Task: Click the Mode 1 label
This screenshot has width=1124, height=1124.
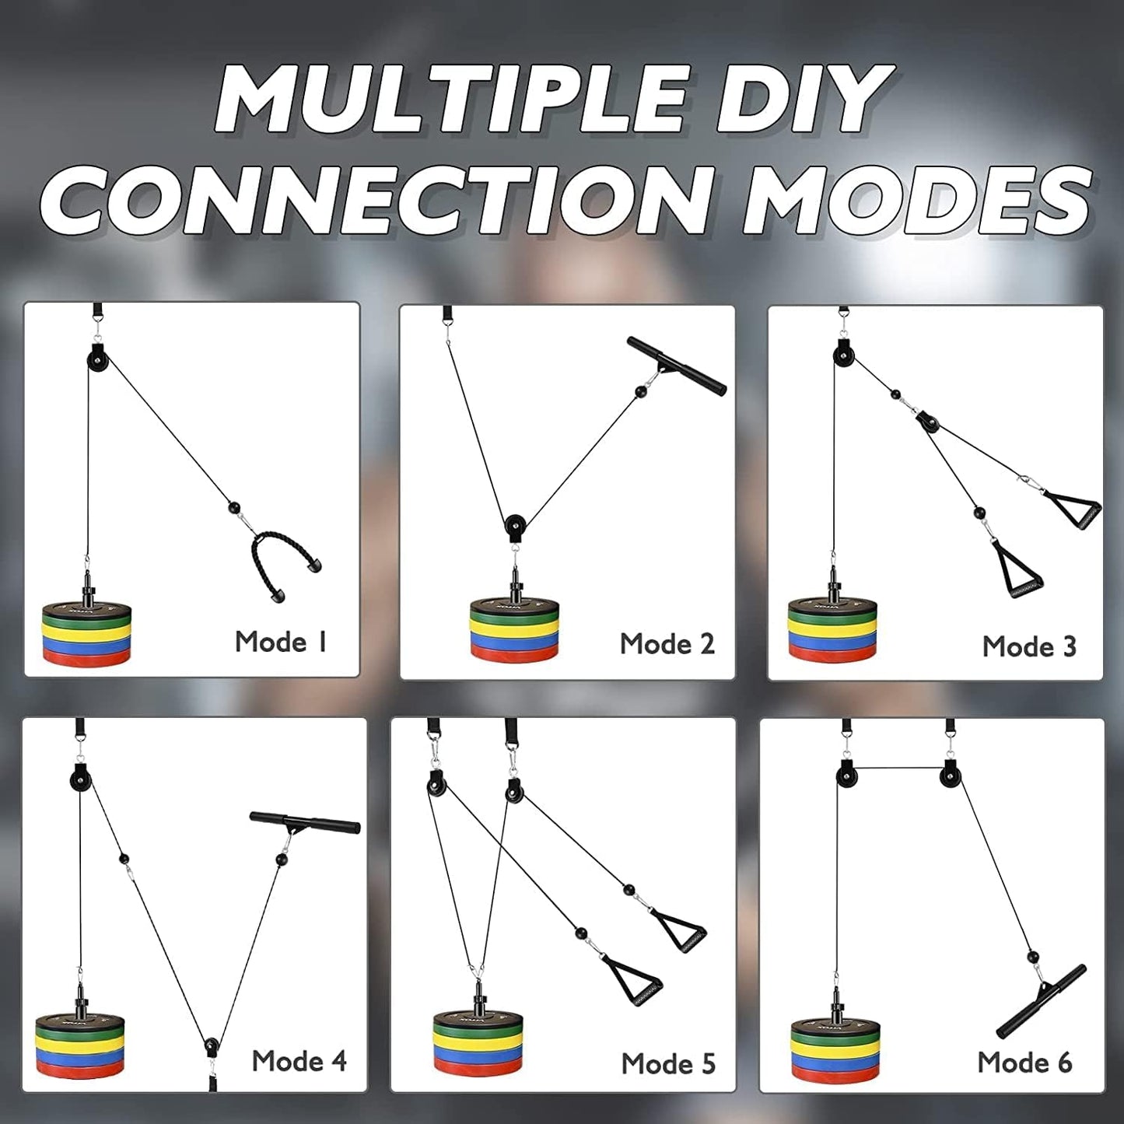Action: (281, 642)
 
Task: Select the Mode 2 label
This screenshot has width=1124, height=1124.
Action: (667, 644)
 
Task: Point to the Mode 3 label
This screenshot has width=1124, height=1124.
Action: (1029, 646)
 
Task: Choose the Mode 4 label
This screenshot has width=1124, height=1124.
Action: (299, 1061)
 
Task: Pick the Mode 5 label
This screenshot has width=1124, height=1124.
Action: (668, 1063)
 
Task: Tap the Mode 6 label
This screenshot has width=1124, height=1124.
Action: (1024, 1063)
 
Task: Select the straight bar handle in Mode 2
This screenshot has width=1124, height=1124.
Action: (676, 365)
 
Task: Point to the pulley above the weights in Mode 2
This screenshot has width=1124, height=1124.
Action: (514, 525)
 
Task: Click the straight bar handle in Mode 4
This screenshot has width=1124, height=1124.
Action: (305, 821)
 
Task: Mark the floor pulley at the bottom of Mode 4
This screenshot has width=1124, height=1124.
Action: (210, 1047)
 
